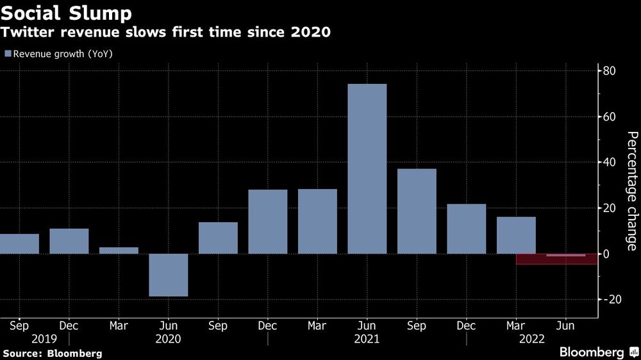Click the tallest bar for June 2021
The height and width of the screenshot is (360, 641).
coord(367,169)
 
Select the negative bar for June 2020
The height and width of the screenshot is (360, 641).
coord(169,275)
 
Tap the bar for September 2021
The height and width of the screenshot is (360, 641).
coord(417,211)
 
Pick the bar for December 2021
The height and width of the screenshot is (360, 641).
coord(466,229)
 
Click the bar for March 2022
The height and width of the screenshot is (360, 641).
coord(516,234)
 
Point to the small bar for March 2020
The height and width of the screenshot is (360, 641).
coord(119,250)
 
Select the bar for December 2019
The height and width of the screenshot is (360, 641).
coord(69,241)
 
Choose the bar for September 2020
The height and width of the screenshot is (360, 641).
coord(218,238)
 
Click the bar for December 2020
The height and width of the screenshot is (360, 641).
coord(267,222)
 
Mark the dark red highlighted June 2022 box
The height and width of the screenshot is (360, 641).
coord(556,259)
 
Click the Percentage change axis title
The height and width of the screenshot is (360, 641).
coord(631,191)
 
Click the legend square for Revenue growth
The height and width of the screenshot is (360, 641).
coord(8,54)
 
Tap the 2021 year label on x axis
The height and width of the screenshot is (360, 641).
coord(367,339)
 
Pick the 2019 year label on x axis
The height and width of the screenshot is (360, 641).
coord(44,339)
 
